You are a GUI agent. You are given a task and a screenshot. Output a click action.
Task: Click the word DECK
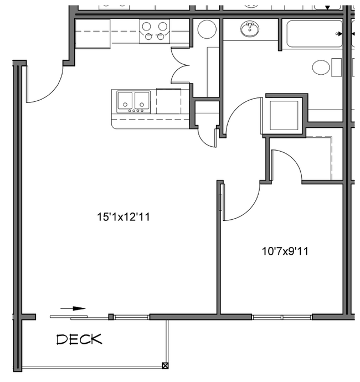[x=80, y=339]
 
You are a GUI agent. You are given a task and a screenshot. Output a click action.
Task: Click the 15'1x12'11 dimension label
[x=122, y=217]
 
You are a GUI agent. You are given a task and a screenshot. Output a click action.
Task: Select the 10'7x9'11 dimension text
[x=285, y=251]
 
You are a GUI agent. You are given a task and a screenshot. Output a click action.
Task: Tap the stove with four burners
[x=155, y=30]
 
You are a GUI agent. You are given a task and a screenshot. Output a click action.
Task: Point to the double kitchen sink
[x=133, y=101]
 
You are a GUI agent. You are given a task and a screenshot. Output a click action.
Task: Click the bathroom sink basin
[x=250, y=28]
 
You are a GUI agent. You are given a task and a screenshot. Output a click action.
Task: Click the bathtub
[x=314, y=34]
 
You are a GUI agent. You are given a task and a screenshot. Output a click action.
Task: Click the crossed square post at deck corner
[x=165, y=365]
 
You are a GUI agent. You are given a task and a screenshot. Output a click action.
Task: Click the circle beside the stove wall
[x=207, y=29]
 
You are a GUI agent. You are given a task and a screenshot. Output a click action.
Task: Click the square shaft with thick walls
[x=284, y=115]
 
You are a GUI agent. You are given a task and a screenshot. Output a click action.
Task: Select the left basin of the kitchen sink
[x=125, y=100]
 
